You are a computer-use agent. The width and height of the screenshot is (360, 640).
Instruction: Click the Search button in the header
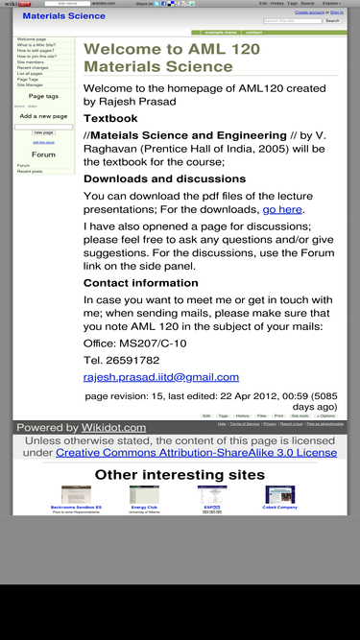tap(332, 20)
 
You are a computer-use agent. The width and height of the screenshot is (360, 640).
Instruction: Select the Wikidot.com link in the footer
tap(112, 428)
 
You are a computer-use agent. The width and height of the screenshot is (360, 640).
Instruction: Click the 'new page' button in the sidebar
tap(43, 132)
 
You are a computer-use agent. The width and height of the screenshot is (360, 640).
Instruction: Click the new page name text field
tap(43, 126)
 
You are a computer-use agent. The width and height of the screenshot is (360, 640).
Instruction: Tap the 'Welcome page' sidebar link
tap(31, 39)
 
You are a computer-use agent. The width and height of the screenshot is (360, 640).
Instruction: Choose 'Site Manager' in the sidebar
tap(29, 85)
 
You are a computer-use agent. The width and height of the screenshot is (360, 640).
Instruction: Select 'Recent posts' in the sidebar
tap(30, 172)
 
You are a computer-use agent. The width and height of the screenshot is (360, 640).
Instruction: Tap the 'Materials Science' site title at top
tap(63, 16)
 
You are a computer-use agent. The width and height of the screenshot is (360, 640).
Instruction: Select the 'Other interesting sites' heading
tap(180, 475)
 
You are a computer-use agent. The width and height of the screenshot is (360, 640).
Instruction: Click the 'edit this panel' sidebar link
tap(43, 141)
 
